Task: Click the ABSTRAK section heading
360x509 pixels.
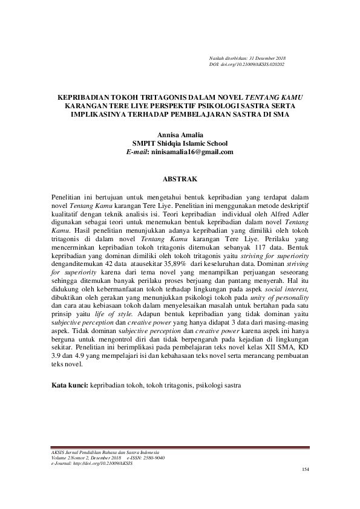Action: [180, 180]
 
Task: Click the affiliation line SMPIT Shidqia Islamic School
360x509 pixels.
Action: [180, 144]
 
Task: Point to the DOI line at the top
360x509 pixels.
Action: [246, 64]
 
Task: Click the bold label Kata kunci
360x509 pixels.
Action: [69, 384]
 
